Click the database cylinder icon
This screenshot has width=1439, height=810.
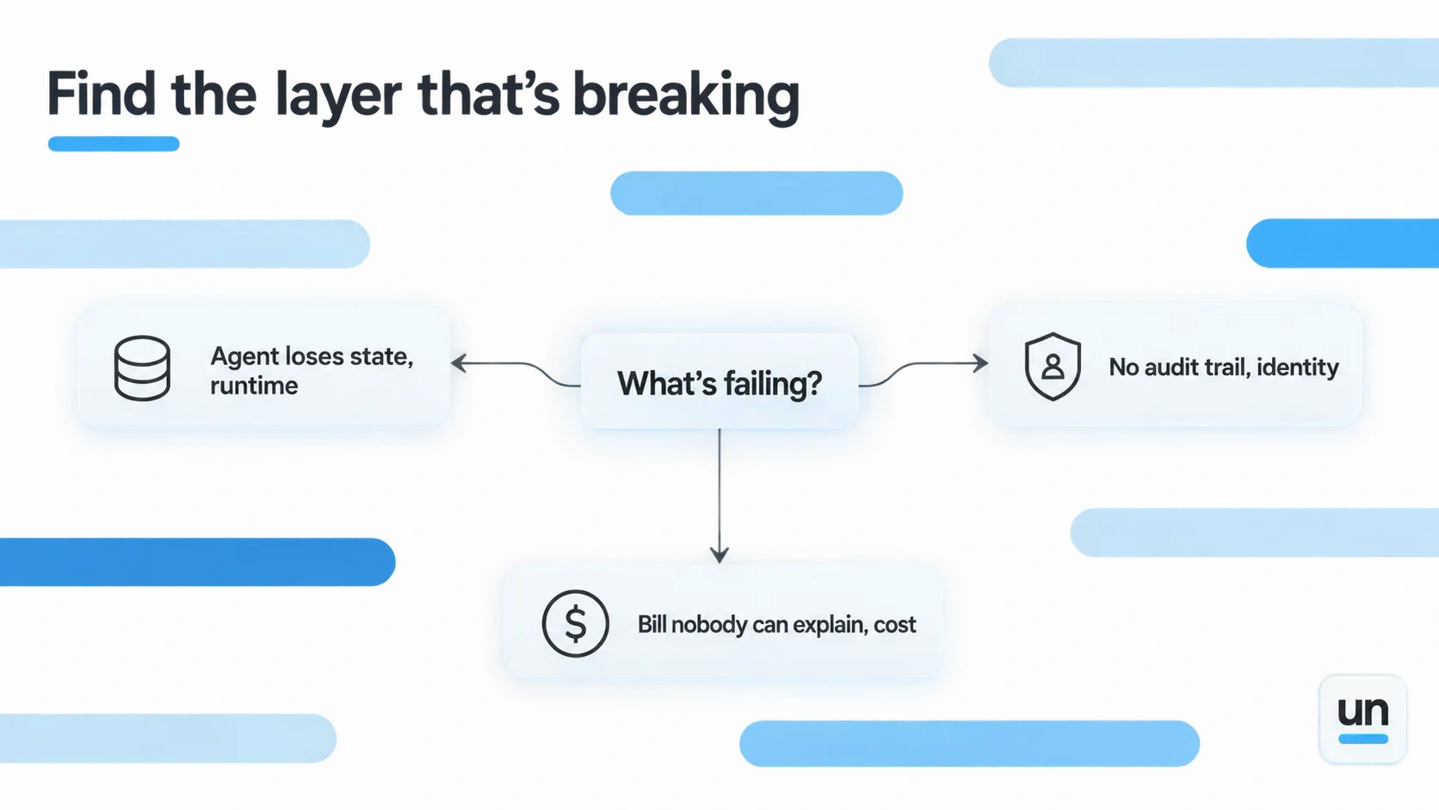142,368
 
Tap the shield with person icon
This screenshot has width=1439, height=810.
1053,366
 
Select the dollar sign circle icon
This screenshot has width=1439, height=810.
575,623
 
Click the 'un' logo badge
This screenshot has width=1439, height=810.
1362,719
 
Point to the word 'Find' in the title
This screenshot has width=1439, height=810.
101,95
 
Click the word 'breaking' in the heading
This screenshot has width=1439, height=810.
686,97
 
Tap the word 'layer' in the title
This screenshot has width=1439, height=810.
338,97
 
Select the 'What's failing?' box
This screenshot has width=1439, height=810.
719,381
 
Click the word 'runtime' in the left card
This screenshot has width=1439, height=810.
254,386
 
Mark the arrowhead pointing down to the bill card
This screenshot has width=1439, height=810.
719,556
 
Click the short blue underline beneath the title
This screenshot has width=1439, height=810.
114,144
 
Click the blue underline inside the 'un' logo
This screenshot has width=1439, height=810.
1363,739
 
